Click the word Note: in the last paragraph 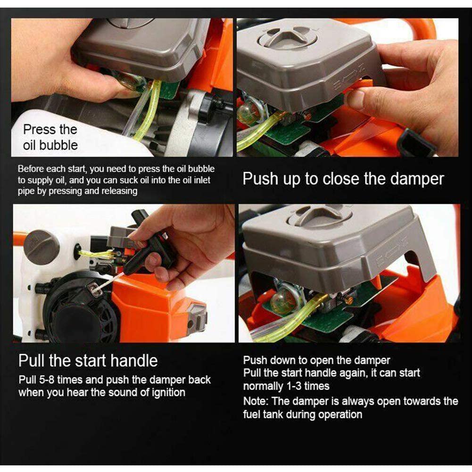[257, 401]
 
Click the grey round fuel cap [41, 245]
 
